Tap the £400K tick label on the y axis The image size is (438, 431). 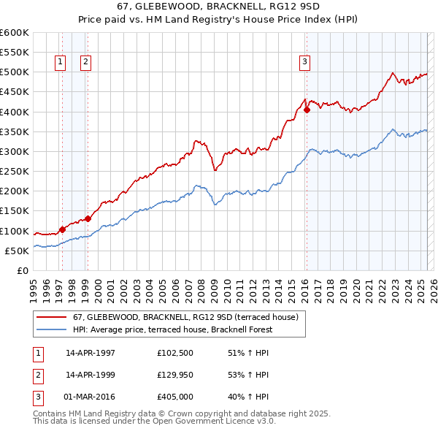[15, 112]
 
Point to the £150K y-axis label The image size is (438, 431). [15, 211]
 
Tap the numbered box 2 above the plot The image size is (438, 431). [85, 62]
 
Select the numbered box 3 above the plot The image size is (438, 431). [304, 62]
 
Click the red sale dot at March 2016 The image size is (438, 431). [307, 110]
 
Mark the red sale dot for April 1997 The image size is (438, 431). [62, 229]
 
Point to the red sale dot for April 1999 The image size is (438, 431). [88, 218]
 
